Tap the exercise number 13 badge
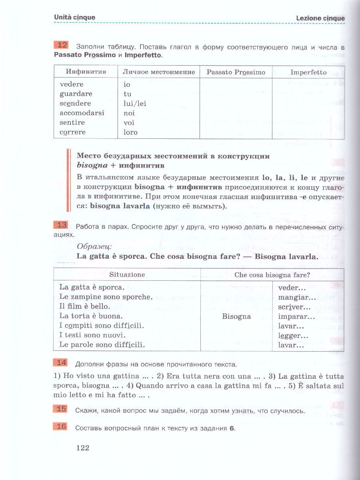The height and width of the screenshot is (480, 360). (60, 225)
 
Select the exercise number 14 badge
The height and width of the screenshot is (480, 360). (60, 363)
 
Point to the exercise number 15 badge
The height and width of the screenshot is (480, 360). (60, 409)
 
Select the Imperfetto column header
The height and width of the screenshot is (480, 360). (308, 72)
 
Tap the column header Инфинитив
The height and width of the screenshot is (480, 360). (86, 72)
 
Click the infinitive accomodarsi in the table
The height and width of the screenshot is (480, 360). (82, 113)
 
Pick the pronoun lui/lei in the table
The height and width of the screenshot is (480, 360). (135, 104)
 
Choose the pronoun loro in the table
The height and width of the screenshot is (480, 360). (130, 132)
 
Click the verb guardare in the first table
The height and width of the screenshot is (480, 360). (76, 94)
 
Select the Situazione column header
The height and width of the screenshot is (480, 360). (127, 275)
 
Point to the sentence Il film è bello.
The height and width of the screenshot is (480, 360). (84, 306)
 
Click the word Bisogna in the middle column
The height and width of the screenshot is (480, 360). (236, 316)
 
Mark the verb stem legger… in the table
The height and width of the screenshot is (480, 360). (293, 336)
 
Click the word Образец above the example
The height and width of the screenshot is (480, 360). (94, 246)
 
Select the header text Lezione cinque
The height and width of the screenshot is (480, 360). (320, 18)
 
